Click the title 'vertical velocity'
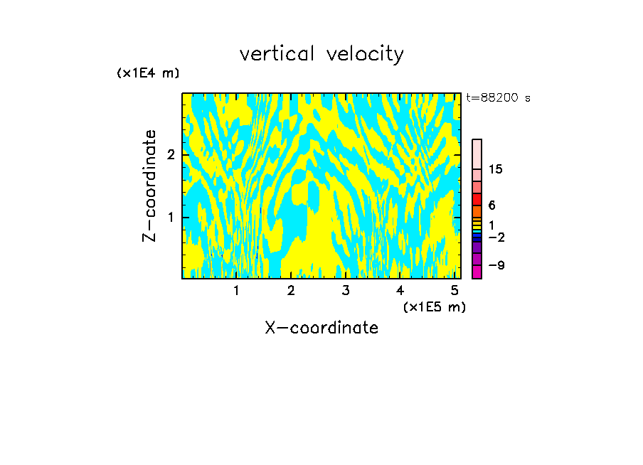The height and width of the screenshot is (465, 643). coord(321,54)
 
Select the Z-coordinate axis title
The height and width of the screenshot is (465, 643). coord(149,186)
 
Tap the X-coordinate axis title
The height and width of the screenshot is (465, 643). coord(321,328)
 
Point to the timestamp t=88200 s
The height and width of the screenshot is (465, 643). coord(498,98)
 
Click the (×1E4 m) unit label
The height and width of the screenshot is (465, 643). coord(148,73)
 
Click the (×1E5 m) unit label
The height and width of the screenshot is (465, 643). coord(434,306)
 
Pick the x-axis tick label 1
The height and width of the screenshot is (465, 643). coord(237,290)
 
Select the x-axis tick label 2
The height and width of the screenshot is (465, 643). coord(291,290)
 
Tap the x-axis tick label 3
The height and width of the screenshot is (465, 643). coord(346,290)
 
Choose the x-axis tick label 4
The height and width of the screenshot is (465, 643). coord(400,290)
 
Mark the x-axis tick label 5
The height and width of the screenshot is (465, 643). coord(455,290)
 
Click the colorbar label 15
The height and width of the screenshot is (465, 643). coord(496,169)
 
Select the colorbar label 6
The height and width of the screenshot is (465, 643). coord(491,205)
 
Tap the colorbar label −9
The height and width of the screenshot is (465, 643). coord(496,265)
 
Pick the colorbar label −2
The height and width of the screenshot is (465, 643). coord(496,237)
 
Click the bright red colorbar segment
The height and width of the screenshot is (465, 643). coord(477,199)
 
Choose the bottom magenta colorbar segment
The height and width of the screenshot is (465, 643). coord(477,272)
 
